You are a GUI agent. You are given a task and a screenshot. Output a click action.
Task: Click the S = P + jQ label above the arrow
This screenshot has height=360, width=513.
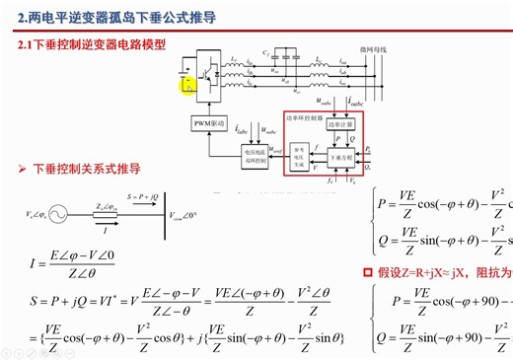pyautogui.click(x=143, y=197)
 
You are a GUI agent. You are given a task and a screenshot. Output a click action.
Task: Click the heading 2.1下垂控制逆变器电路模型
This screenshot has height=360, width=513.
pyautogui.click(x=93, y=45)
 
